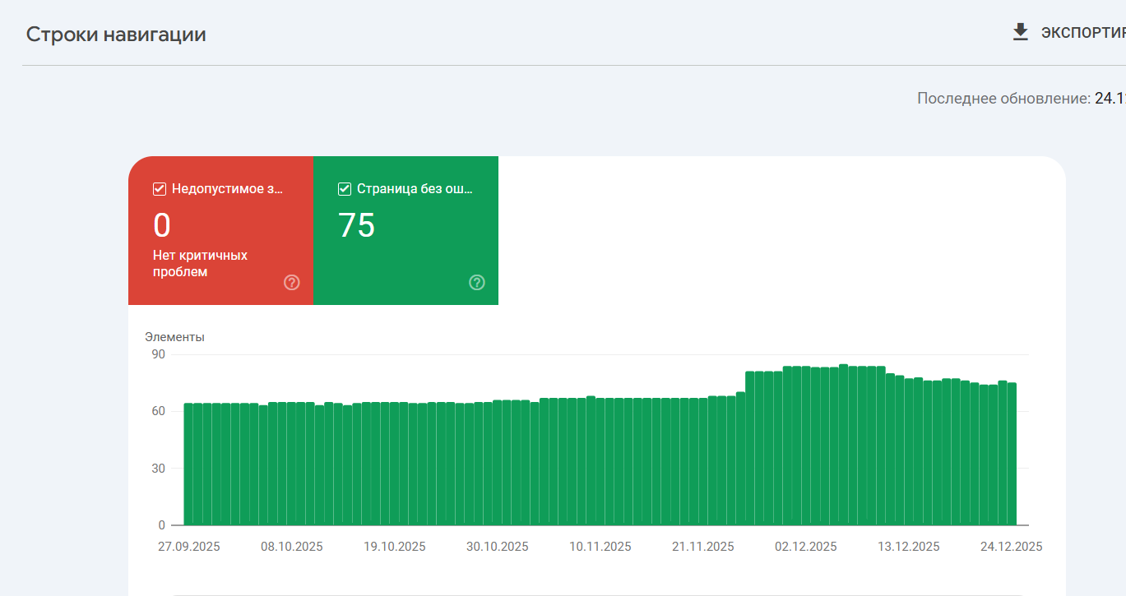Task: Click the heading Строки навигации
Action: click(x=116, y=35)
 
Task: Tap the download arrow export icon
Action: click(x=1021, y=32)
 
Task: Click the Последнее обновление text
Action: click(x=1003, y=99)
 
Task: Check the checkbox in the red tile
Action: click(x=160, y=189)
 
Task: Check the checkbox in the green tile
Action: click(x=345, y=189)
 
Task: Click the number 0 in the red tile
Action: click(x=162, y=225)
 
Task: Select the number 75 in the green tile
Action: click(x=357, y=225)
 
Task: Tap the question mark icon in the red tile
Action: click(x=292, y=283)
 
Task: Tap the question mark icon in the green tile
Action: click(x=477, y=283)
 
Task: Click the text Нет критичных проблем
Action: click(x=200, y=263)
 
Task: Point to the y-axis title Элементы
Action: click(x=174, y=337)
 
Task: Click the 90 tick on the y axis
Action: click(x=156, y=354)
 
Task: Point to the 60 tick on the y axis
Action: click(x=156, y=411)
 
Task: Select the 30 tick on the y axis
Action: click(x=156, y=469)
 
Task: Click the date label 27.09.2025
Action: click(x=189, y=547)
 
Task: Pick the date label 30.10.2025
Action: click(x=498, y=547)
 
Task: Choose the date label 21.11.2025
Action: click(x=703, y=547)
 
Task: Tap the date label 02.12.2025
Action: click(x=806, y=547)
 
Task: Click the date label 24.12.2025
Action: click(x=1012, y=547)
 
